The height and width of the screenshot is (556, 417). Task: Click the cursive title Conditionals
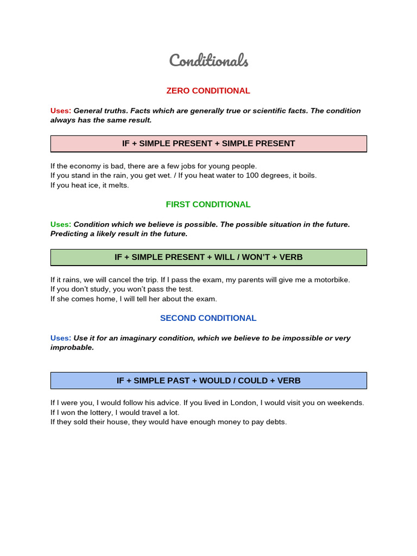[208, 60]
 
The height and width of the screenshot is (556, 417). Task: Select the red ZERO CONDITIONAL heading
[208, 91]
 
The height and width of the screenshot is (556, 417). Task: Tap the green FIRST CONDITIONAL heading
[208, 205]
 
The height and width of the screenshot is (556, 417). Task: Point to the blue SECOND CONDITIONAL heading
[208, 318]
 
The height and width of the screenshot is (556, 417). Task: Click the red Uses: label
[61, 111]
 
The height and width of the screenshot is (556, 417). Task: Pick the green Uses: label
[61, 224]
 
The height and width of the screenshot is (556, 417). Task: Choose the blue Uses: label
[61, 338]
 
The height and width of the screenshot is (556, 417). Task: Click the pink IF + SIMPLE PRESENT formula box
[208, 143]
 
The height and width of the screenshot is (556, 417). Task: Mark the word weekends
[346, 403]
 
